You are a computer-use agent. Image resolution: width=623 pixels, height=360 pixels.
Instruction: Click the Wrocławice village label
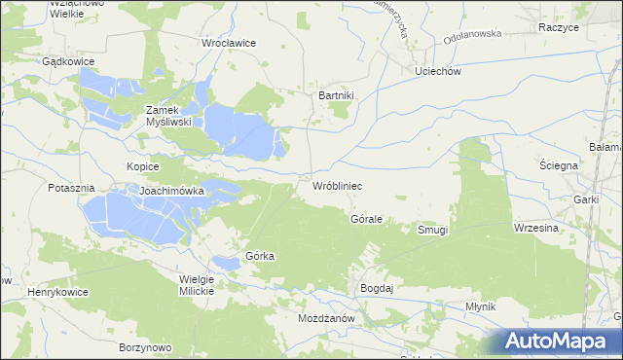click(x=228, y=44)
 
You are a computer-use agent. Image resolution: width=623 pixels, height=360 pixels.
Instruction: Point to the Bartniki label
click(x=338, y=95)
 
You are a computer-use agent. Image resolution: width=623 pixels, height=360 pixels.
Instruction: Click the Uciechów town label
click(x=436, y=72)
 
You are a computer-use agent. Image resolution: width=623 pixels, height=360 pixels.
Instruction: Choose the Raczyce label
click(x=558, y=28)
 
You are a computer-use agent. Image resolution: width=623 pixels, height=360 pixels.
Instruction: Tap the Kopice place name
click(x=142, y=166)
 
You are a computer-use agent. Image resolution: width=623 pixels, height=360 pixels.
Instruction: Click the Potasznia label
click(x=71, y=187)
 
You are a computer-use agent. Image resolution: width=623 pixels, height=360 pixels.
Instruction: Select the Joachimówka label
click(x=171, y=192)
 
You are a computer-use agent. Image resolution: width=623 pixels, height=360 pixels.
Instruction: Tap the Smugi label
click(x=432, y=230)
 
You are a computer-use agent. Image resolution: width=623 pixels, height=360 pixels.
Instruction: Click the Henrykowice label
click(x=57, y=292)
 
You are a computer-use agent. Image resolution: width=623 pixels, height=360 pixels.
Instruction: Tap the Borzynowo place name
click(x=144, y=347)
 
